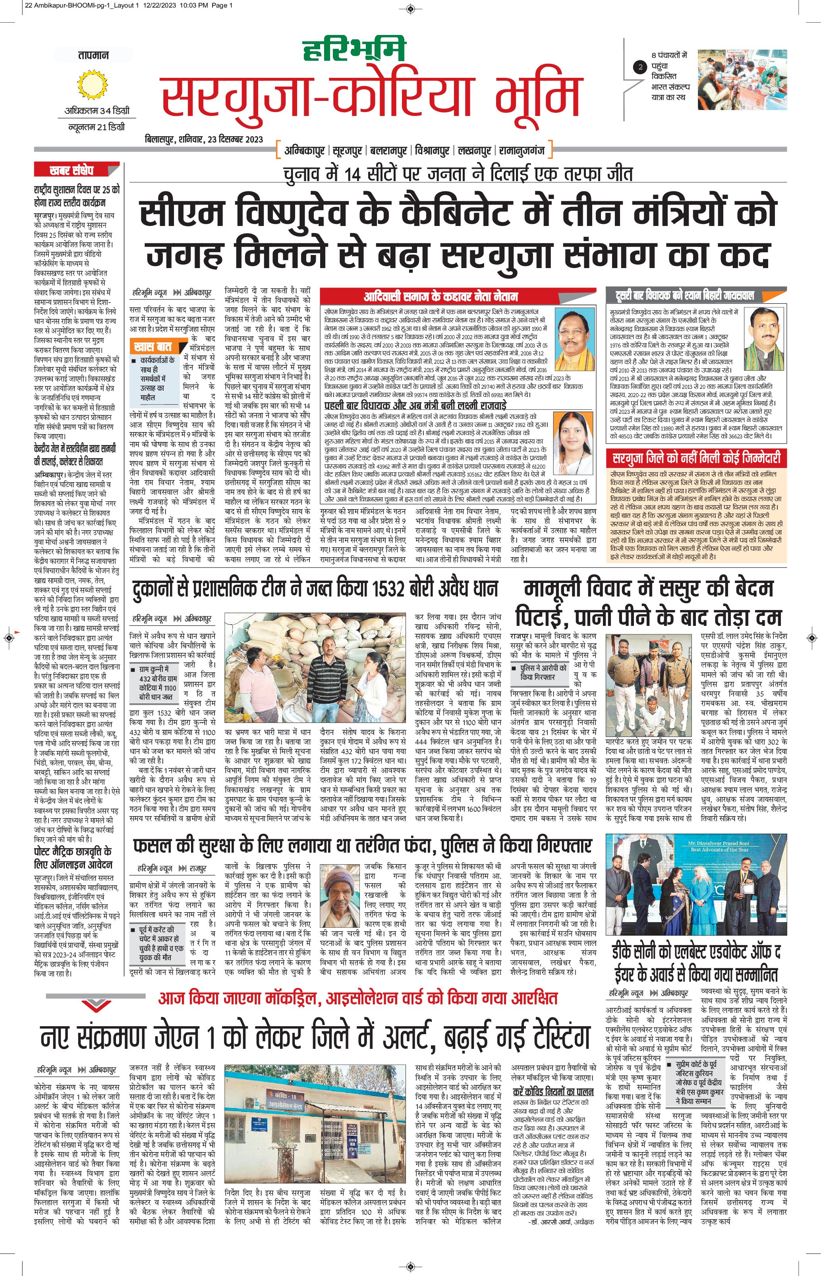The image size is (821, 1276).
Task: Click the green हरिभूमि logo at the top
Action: tap(355, 50)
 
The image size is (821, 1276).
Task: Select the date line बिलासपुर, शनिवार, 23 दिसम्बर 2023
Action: tap(204, 140)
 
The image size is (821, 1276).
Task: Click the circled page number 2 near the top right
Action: tap(640, 67)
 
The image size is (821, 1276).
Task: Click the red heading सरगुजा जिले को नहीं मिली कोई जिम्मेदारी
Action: tap(697, 458)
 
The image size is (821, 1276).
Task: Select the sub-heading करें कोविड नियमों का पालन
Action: tap(553, 1077)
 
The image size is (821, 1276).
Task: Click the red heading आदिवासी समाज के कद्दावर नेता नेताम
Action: tap(440, 296)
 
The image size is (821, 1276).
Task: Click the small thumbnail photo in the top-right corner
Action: tap(742, 79)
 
